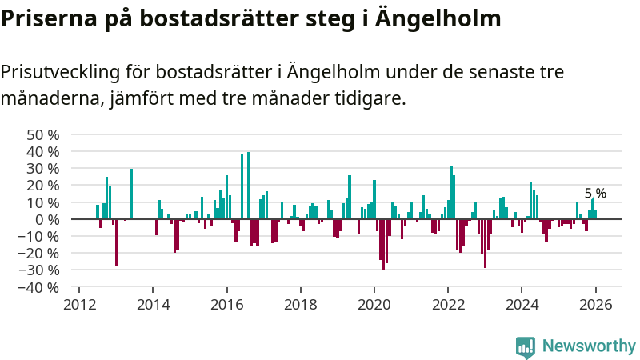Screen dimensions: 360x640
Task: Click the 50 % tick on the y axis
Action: pos(43,134)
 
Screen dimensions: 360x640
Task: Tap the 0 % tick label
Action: pos(48,219)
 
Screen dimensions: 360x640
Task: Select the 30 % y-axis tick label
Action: pos(43,169)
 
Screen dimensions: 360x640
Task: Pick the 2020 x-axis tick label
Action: pos(374,305)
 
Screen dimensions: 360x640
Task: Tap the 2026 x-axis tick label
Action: pos(596,305)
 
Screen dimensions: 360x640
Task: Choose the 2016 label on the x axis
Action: pos(227,305)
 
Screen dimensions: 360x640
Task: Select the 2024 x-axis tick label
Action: pos(522,305)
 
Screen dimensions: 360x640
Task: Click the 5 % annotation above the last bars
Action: pos(595,194)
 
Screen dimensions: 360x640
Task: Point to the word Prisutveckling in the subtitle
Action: pos(59,73)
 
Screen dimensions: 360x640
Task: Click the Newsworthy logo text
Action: pos(589,346)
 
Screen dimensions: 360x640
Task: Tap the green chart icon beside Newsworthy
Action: pos(526,346)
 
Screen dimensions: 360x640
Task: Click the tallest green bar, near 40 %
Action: pos(249,185)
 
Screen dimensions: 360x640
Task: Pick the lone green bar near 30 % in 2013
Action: pos(131,194)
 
